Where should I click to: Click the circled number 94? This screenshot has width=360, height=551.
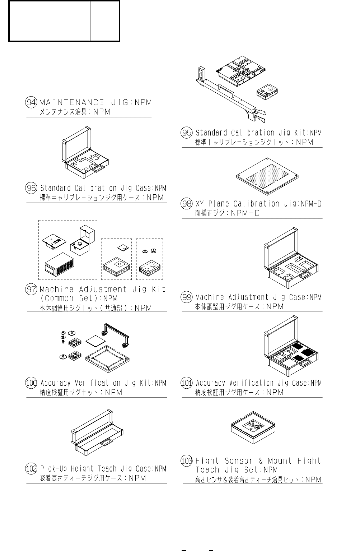pos(32,102)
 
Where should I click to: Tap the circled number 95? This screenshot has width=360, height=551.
pos(187,133)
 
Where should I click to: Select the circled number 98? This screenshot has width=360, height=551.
pos(187,204)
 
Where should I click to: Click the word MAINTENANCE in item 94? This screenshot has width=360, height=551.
pos(71,102)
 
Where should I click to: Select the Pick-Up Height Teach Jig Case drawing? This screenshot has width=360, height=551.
pos(97,433)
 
